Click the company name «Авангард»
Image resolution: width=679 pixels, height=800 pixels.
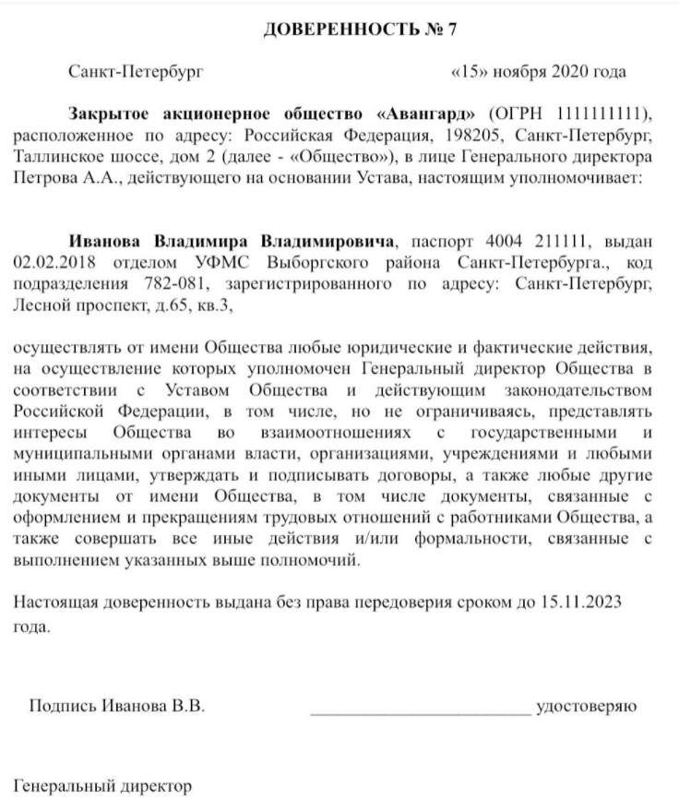coord(428,113)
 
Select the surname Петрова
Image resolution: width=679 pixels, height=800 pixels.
coord(45,177)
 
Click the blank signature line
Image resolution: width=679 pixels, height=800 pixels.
coord(420,708)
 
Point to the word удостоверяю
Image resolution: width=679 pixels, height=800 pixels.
coord(587,708)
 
